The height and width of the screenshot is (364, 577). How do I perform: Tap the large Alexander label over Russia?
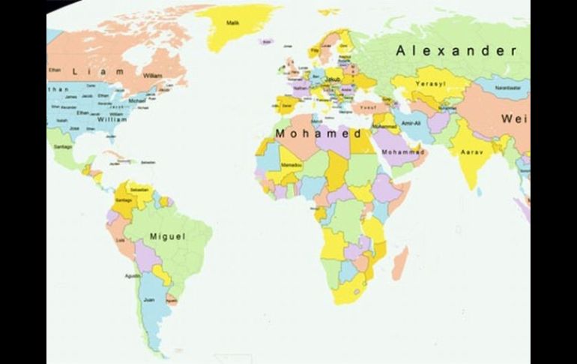(456, 51)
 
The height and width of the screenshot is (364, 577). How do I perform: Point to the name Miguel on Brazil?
(167, 236)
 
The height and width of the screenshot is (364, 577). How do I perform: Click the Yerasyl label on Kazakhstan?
(431, 83)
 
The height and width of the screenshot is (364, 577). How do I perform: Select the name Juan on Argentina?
(149, 299)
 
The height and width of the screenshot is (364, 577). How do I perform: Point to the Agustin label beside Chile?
(132, 275)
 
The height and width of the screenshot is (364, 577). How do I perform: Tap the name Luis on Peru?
(121, 240)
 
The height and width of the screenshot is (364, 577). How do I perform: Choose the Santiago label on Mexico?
(63, 146)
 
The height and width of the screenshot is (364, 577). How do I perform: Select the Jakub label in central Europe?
(333, 78)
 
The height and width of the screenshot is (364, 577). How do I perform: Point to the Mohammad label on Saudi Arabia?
(403, 152)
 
